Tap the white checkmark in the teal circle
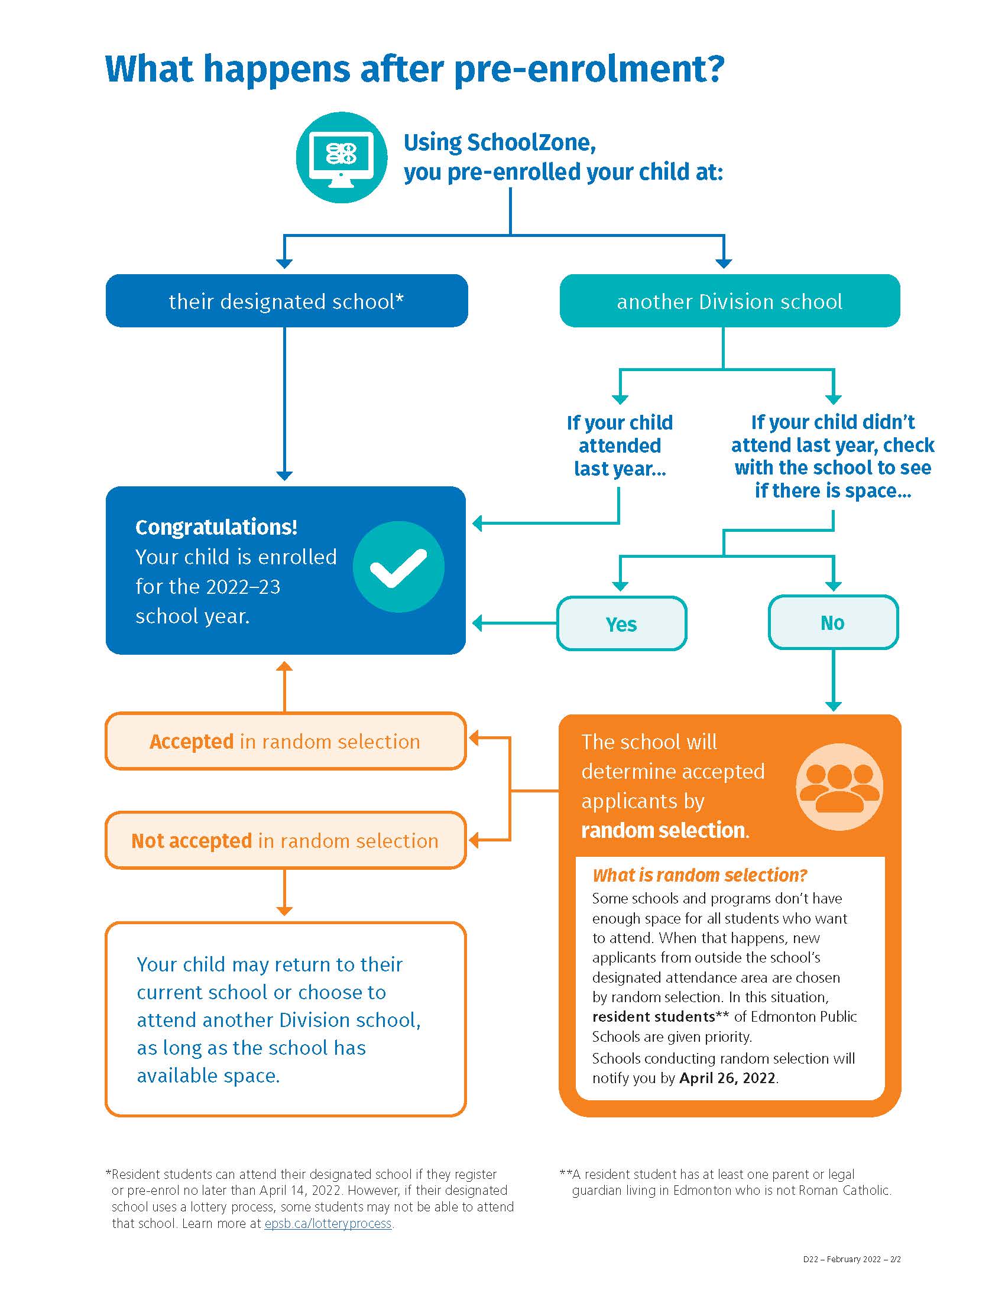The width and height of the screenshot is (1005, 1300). (x=398, y=568)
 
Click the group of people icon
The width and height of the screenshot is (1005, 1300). (x=839, y=788)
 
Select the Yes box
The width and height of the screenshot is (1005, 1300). (x=621, y=623)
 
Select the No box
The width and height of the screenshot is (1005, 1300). (x=833, y=623)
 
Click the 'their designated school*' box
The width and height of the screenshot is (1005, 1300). (x=286, y=301)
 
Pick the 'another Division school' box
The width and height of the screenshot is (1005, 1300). (x=730, y=301)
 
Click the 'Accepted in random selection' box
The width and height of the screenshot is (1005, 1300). (x=286, y=741)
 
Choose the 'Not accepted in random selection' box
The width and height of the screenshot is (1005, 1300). (x=286, y=840)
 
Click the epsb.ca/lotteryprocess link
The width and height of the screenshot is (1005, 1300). (x=328, y=1223)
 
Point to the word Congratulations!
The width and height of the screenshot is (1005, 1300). (x=216, y=526)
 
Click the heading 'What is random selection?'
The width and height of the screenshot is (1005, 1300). (x=699, y=875)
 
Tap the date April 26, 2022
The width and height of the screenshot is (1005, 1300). (x=728, y=1078)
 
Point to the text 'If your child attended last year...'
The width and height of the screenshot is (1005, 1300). (x=620, y=445)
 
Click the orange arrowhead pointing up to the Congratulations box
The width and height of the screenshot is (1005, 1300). (x=284, y=666)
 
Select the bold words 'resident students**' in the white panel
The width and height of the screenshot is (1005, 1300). (x=660, y=1016)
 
